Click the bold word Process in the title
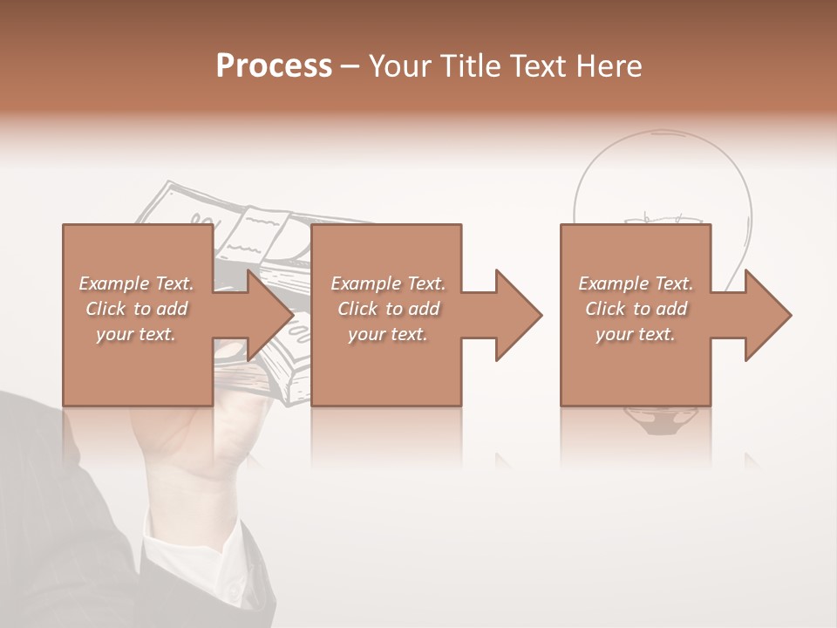tap(274, 65)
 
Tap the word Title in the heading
tap(468, 65)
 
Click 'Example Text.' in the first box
tap(137, 283)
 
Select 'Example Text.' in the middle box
tap(388, 283)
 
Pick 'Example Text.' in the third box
tap(636, 283)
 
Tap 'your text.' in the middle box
tap(388, 334)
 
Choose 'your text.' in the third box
tap(636, 334)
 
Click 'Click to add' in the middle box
tap(388, 309)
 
